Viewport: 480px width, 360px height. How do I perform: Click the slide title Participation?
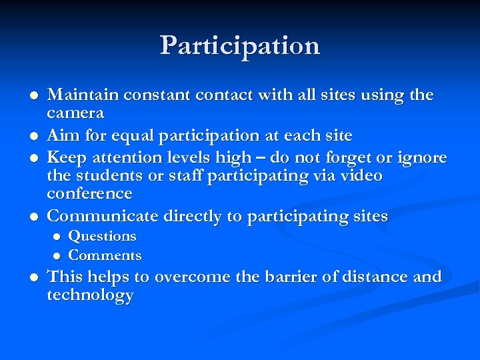point(240,45)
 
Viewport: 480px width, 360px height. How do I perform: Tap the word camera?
point(75,113)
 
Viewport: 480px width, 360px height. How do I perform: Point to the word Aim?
point(62,135)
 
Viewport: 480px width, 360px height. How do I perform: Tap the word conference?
point(89,193)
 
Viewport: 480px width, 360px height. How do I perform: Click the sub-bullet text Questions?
point(102,236)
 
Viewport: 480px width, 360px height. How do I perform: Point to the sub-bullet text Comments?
point(105,255)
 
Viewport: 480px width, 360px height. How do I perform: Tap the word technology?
point(90,295)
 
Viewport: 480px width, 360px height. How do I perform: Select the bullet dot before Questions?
point(57,237)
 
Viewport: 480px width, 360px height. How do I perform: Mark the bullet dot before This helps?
point(26,277)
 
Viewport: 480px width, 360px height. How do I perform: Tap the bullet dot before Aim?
point(26,137)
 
